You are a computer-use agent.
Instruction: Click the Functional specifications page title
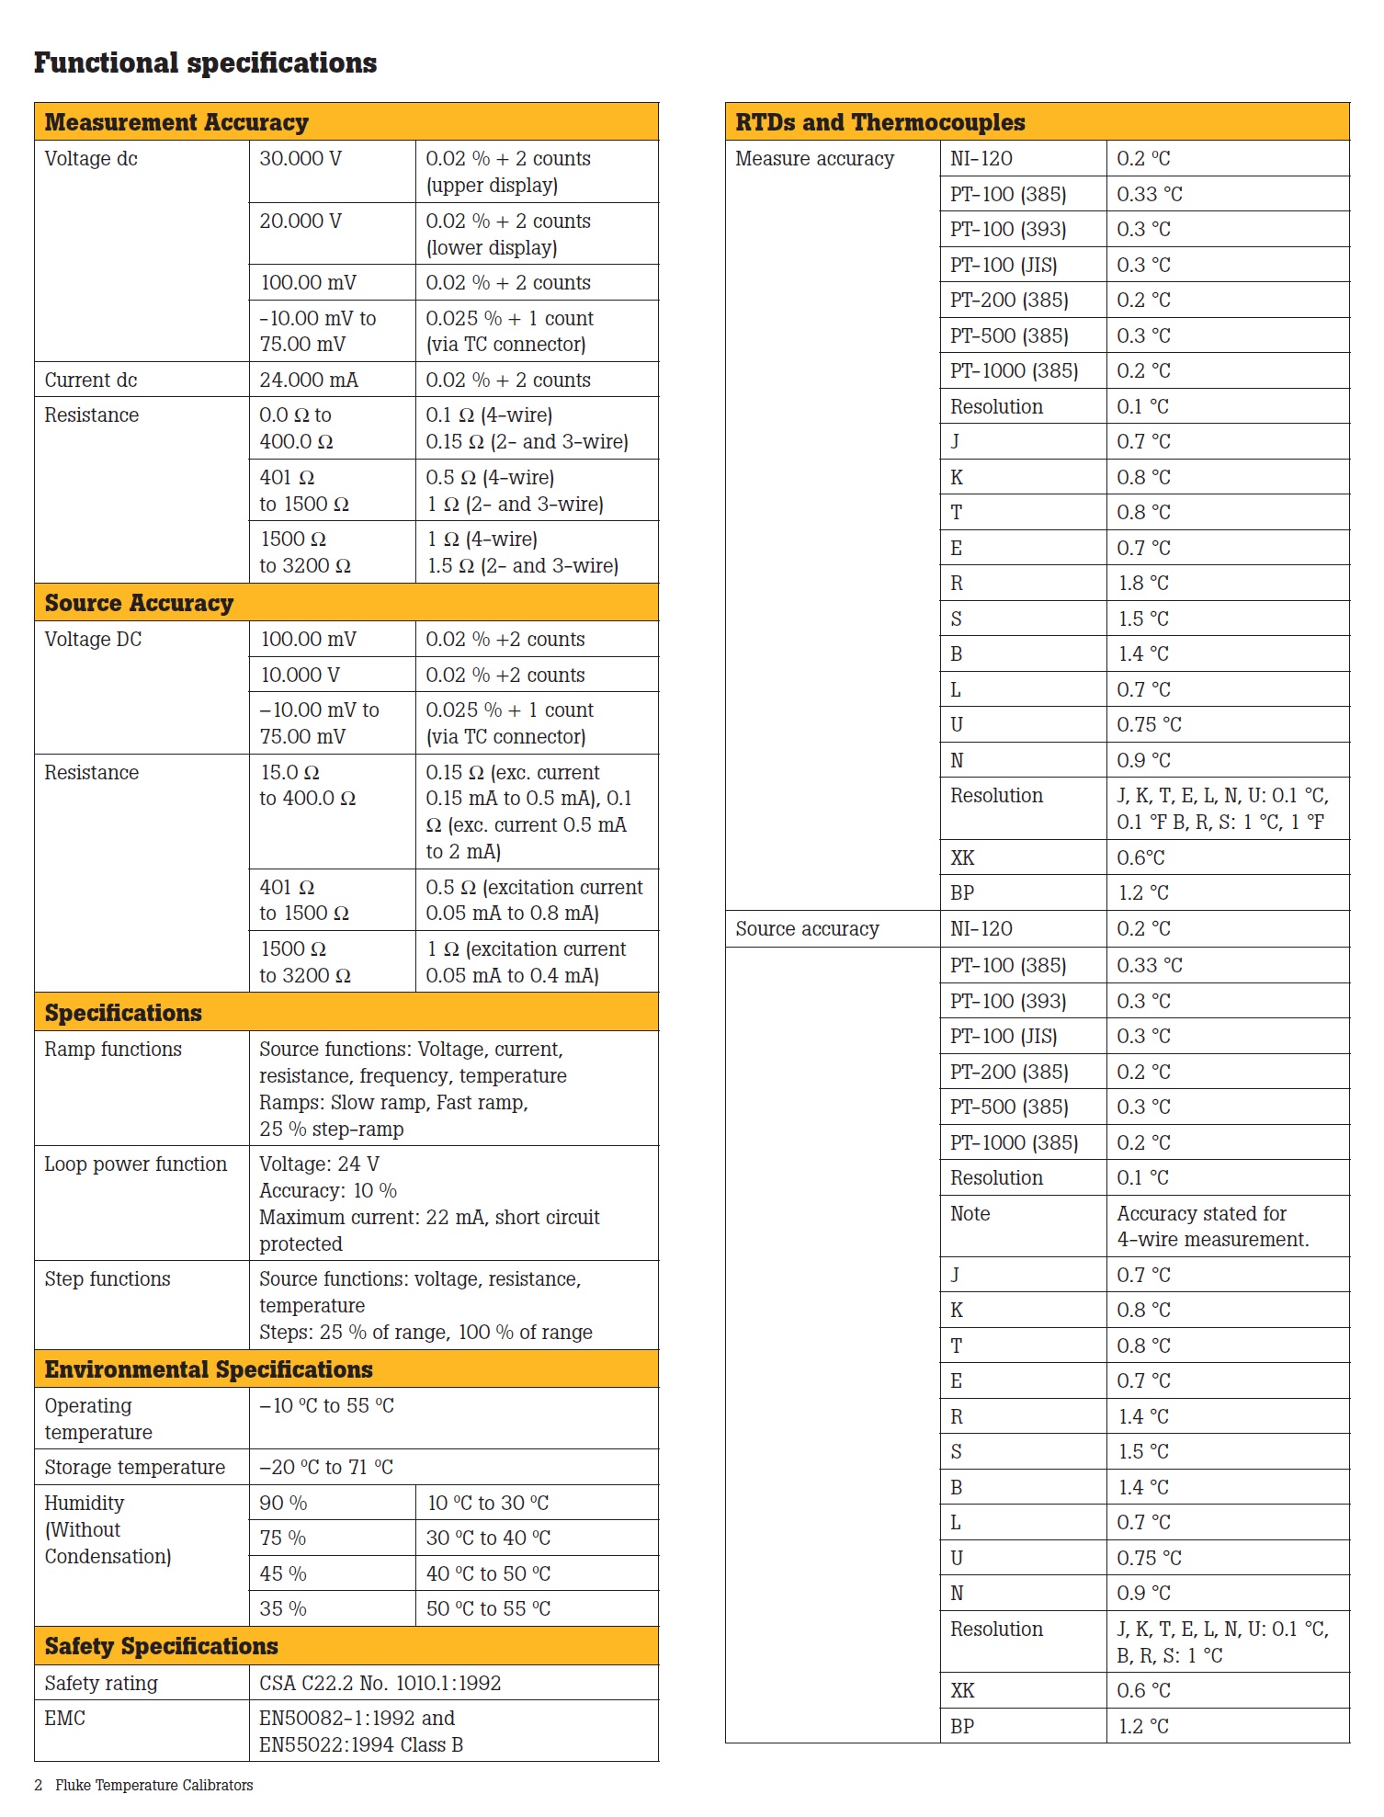click(205, 62)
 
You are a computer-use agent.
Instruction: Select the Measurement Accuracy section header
click(176, 122)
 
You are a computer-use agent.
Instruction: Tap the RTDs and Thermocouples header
click(879, 122)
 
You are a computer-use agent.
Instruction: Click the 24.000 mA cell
click(309, 380)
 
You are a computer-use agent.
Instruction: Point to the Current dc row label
click(91, 380)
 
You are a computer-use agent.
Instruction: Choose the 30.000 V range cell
click(301, 159)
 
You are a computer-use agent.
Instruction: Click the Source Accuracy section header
click(139, 603)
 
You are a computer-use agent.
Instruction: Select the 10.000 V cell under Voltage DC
click(301, 675)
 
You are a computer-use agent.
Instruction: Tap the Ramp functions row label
click(113, 1050)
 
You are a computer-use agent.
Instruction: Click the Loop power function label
click(135, 1164)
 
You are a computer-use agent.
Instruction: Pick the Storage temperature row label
click(134, 1468)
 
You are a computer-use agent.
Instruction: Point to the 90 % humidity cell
click(283, 1504)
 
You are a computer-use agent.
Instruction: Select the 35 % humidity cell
click(283, 1609)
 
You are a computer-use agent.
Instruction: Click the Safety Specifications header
click(161, 1646)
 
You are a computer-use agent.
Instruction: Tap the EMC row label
click(64, 1719)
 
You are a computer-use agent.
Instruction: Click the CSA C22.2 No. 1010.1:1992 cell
click(380, 1684)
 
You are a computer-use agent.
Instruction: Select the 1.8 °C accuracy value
click(1143, 584)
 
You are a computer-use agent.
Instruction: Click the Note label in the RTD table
click(970, 1214)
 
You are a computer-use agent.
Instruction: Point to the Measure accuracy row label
click(814, 159)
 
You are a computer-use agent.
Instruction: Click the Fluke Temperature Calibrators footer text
click(153, 1786)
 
